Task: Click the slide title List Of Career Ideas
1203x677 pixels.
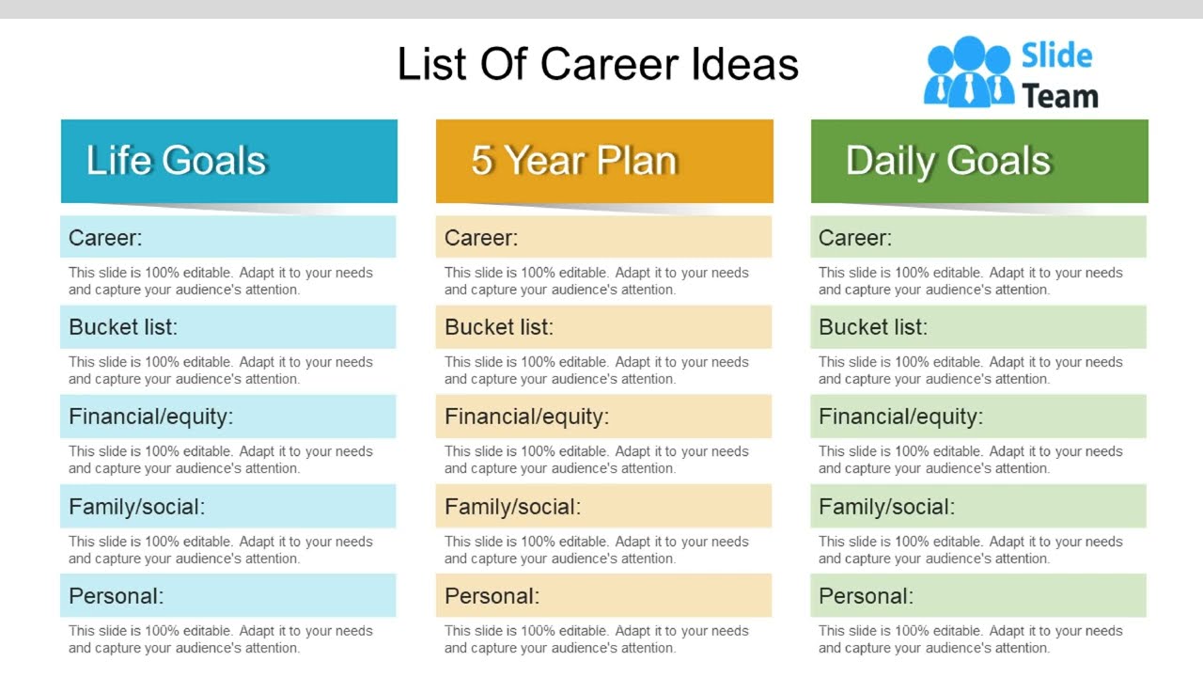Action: coord(598,65)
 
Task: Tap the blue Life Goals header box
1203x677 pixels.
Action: coord(228,161)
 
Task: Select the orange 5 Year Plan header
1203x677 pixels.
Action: coord(604,161)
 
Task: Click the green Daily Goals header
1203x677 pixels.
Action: coord(979,161)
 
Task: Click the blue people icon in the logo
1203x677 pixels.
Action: coord(968,71)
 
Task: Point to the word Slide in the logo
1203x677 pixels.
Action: coord(1056,55)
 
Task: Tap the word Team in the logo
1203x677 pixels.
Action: coord(1059,96)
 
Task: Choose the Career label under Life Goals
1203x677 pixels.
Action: coord(105,238)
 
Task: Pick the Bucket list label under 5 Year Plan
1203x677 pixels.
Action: coord(499,327)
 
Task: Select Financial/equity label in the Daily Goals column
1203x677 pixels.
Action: coord(900,417)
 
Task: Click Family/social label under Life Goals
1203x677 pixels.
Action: coord(136,507)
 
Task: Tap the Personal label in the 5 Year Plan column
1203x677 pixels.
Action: coord(492,596)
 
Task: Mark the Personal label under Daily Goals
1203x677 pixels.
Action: coord(866,596)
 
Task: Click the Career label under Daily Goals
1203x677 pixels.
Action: coord(855,238)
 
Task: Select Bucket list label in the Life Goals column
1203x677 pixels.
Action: coord(123,327)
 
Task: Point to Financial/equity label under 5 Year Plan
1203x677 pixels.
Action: coord(526,417)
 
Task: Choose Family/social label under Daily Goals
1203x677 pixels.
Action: coord(886,507)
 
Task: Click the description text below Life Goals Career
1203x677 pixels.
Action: coord(220,281)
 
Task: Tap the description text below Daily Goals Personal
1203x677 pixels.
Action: coord(970,639)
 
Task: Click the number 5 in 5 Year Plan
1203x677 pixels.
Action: coord(481,161)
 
